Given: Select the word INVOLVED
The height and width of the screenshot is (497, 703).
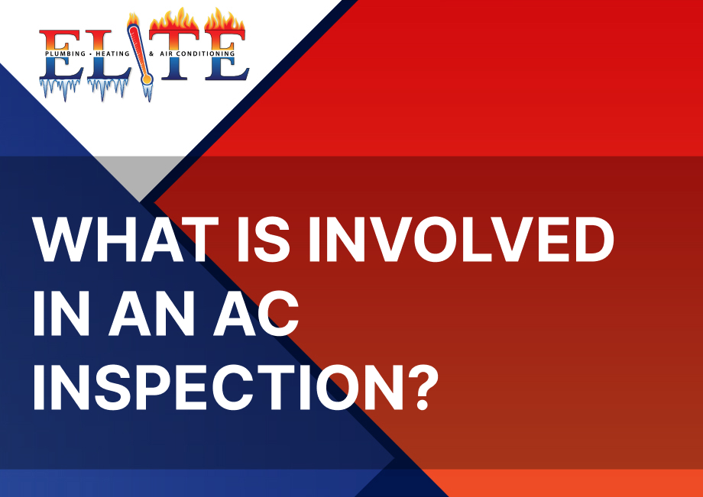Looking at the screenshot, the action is pos(462,240).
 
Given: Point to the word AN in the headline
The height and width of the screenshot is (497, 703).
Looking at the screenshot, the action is pos(151,313).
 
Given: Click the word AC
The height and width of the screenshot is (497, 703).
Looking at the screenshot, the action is pos(256,313).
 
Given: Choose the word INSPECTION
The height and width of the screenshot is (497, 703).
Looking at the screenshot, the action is pos(219,387).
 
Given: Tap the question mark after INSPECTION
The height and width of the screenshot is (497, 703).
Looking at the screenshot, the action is pos(422,387).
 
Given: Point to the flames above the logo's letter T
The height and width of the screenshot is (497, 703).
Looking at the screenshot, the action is pos(174,20).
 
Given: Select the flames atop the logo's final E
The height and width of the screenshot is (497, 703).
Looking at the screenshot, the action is pos(225,20).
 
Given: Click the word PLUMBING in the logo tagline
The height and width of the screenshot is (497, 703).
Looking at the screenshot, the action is pos(65,53).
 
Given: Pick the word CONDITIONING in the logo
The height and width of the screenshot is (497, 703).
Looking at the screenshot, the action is pos(205,53).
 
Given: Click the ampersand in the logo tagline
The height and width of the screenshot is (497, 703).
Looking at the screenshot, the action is pos(151,53).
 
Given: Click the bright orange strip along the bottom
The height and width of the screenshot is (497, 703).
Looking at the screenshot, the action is pos(562,483).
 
